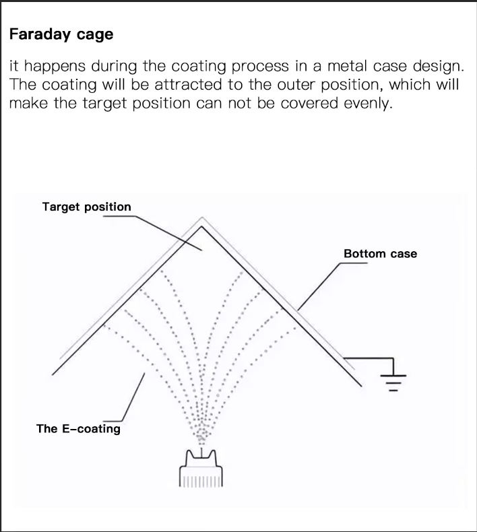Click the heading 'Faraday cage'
61,34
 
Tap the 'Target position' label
86,207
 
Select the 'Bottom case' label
380,253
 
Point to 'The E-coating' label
78,428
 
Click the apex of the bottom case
201,226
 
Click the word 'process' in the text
260,67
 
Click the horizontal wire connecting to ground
369,358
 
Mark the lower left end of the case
53,374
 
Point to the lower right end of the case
361,386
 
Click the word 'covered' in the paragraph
310,104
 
